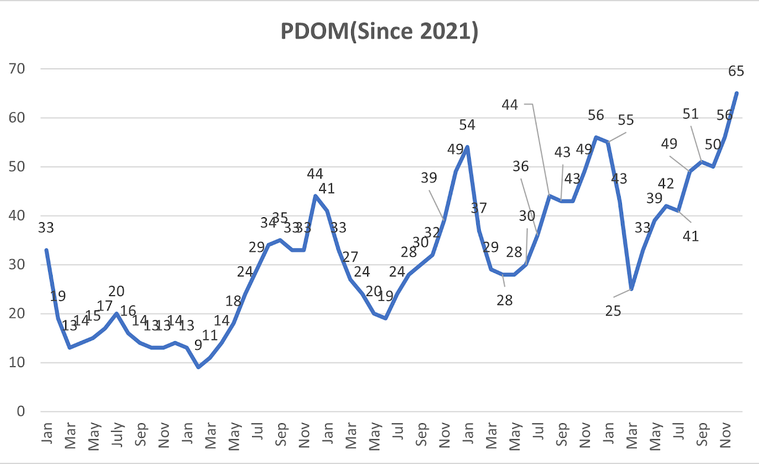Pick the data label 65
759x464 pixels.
click(x=736, y=71)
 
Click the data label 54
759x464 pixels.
click(x=467, y=125)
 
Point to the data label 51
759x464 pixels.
click(x=691, y=114)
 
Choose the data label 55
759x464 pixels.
click(x=626, y=120)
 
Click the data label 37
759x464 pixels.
click(x=479, y=208)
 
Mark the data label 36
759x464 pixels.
click(x=521, y=167)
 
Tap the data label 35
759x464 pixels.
click(x=280, y=218)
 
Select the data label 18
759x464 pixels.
click(x=234, y=300)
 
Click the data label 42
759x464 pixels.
click(x=666, y=184)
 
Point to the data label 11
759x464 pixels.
click(x=210, y=335)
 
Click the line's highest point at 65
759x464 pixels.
click(x=736, y=93)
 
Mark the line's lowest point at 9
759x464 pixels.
click(x=199, y=367)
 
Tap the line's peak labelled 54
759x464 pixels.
click(x=467, y=147)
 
